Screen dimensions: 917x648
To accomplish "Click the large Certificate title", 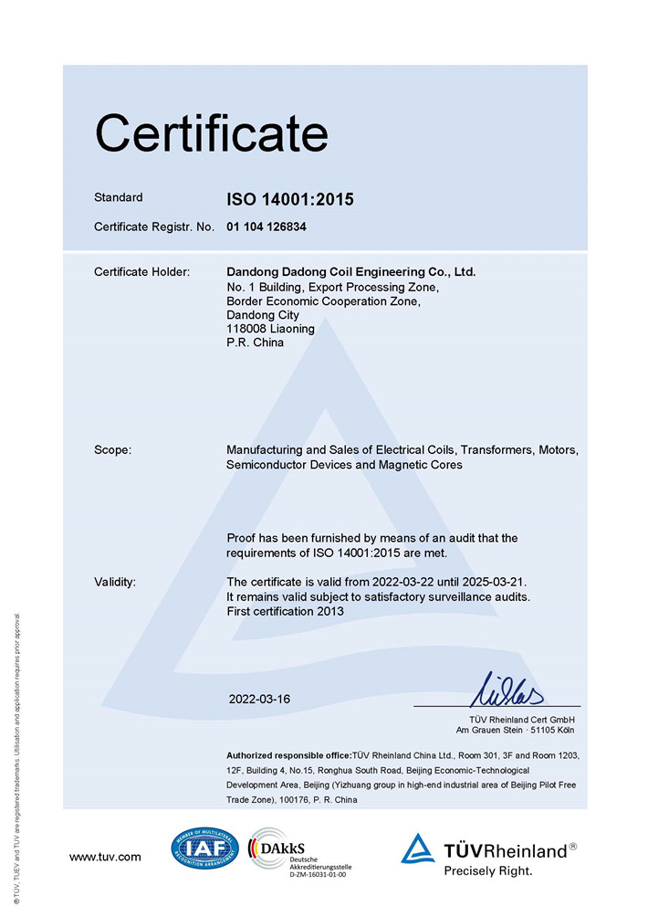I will coord(211,133).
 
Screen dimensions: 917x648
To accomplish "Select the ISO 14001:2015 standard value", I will coord(289,199).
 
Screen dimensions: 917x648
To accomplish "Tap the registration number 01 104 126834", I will coord(266,227).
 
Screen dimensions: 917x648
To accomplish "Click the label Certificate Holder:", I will coord(141,272).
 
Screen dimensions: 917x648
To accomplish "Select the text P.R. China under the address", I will coord(255,343).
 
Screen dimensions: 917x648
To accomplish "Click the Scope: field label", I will coord(113,450).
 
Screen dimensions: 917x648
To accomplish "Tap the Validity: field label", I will coord(115,582).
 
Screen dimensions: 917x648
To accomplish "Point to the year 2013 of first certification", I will coord(329,611).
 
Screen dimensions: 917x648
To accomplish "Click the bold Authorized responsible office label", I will coord(288,755).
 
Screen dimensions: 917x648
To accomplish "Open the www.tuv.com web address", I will coord(105,857).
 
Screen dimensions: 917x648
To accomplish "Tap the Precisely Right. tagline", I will coord(486,870).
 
